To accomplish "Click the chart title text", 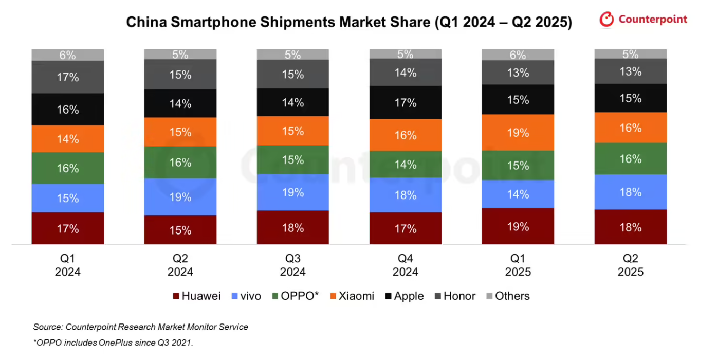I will click(349, 23).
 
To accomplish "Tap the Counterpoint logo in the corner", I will click(643, 20).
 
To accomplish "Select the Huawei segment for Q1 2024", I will click(68, 228).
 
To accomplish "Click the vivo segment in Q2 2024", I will click(180, 197).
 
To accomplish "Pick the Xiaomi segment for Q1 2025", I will click(518, 133).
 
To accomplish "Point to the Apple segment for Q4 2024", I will click(406, 103).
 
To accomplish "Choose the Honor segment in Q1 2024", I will click(68, 77).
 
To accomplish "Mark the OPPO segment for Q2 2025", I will click(630, 159).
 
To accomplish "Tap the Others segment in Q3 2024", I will click(293, 54).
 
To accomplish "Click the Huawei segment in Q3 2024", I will click(293, 227).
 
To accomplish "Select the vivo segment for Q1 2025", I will click(518, 194).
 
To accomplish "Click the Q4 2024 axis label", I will click(406, 265).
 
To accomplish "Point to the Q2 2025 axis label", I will click(630, 265).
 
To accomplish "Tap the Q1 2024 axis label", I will click(68, 265).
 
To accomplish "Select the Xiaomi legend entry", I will click(352, 296).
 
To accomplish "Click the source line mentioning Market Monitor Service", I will click(141, 327).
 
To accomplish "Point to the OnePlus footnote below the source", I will click(113, 343).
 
